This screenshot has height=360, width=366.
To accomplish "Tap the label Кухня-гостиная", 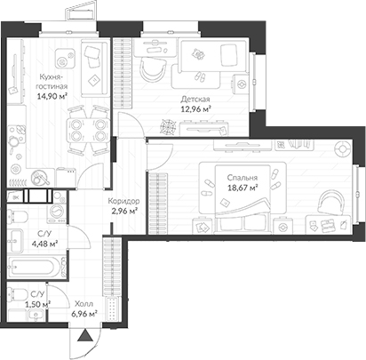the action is pyautogui.click(x=52, y=82).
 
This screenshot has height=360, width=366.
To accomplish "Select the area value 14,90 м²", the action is pyautogui.click(x=52, y=96).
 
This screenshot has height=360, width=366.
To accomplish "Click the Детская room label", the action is pyautogui.click(x=195, y=100).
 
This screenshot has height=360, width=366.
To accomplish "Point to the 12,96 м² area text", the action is pyautogui.click(x=195, y=109).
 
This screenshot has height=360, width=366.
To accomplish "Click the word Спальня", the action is pyautogui.click(x=243, y=178).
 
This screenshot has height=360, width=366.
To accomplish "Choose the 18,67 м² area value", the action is pyautogui.click(x=243, y=188).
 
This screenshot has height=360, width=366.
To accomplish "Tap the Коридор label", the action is pyautogui.click(x=123, y=201).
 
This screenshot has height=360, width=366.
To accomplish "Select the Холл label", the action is pyautogui.click(x=84, y=304).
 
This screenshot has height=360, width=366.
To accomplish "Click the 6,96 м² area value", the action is pyautogui.click(x=84, y=314).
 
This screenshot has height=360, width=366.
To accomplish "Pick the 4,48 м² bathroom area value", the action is pyautogui.click(x=44, y=244).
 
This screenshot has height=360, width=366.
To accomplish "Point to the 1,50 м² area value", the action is pyautogui.click(x=36, y=304).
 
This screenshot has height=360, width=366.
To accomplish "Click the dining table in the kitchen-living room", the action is pyautogui.click(x=89, y=131).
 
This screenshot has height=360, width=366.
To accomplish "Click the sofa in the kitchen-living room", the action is pyautogui.click(x=94, y=68).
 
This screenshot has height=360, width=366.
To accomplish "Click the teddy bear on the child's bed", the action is pyautogui.click(x=198, y=54).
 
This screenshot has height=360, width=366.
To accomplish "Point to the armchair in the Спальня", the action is pyautogui.click(x=330, y=203).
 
